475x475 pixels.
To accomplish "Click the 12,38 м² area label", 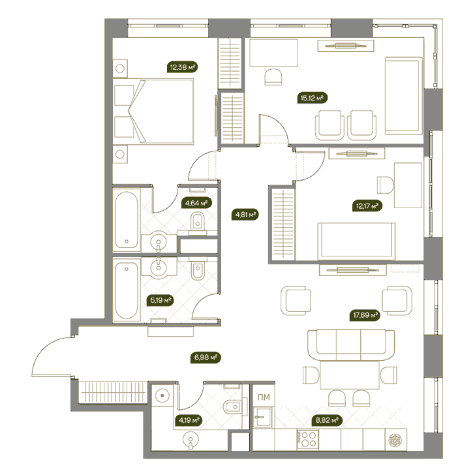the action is [183, 67].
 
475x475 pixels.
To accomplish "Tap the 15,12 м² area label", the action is [313, 98].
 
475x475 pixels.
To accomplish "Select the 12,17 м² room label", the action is [367, 206].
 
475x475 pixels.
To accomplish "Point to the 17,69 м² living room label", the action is [365, 315].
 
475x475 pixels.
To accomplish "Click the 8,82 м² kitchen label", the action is [327, 420].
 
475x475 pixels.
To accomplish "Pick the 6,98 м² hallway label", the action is [206, 358].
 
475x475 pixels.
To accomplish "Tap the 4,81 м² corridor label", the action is [245, 215].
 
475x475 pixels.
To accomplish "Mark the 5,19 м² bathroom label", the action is [161, 301].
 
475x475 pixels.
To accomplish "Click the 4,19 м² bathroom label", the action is [189, 420].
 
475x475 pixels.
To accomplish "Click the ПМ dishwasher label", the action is [264, 397].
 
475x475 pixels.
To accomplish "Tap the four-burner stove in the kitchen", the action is [308, 439].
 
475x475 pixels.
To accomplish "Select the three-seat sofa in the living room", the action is [351, 345].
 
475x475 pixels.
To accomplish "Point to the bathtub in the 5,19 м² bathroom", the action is [127, 290].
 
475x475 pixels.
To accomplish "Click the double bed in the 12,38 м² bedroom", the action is [153, 111].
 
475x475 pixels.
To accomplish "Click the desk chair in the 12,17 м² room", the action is [386, 185].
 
